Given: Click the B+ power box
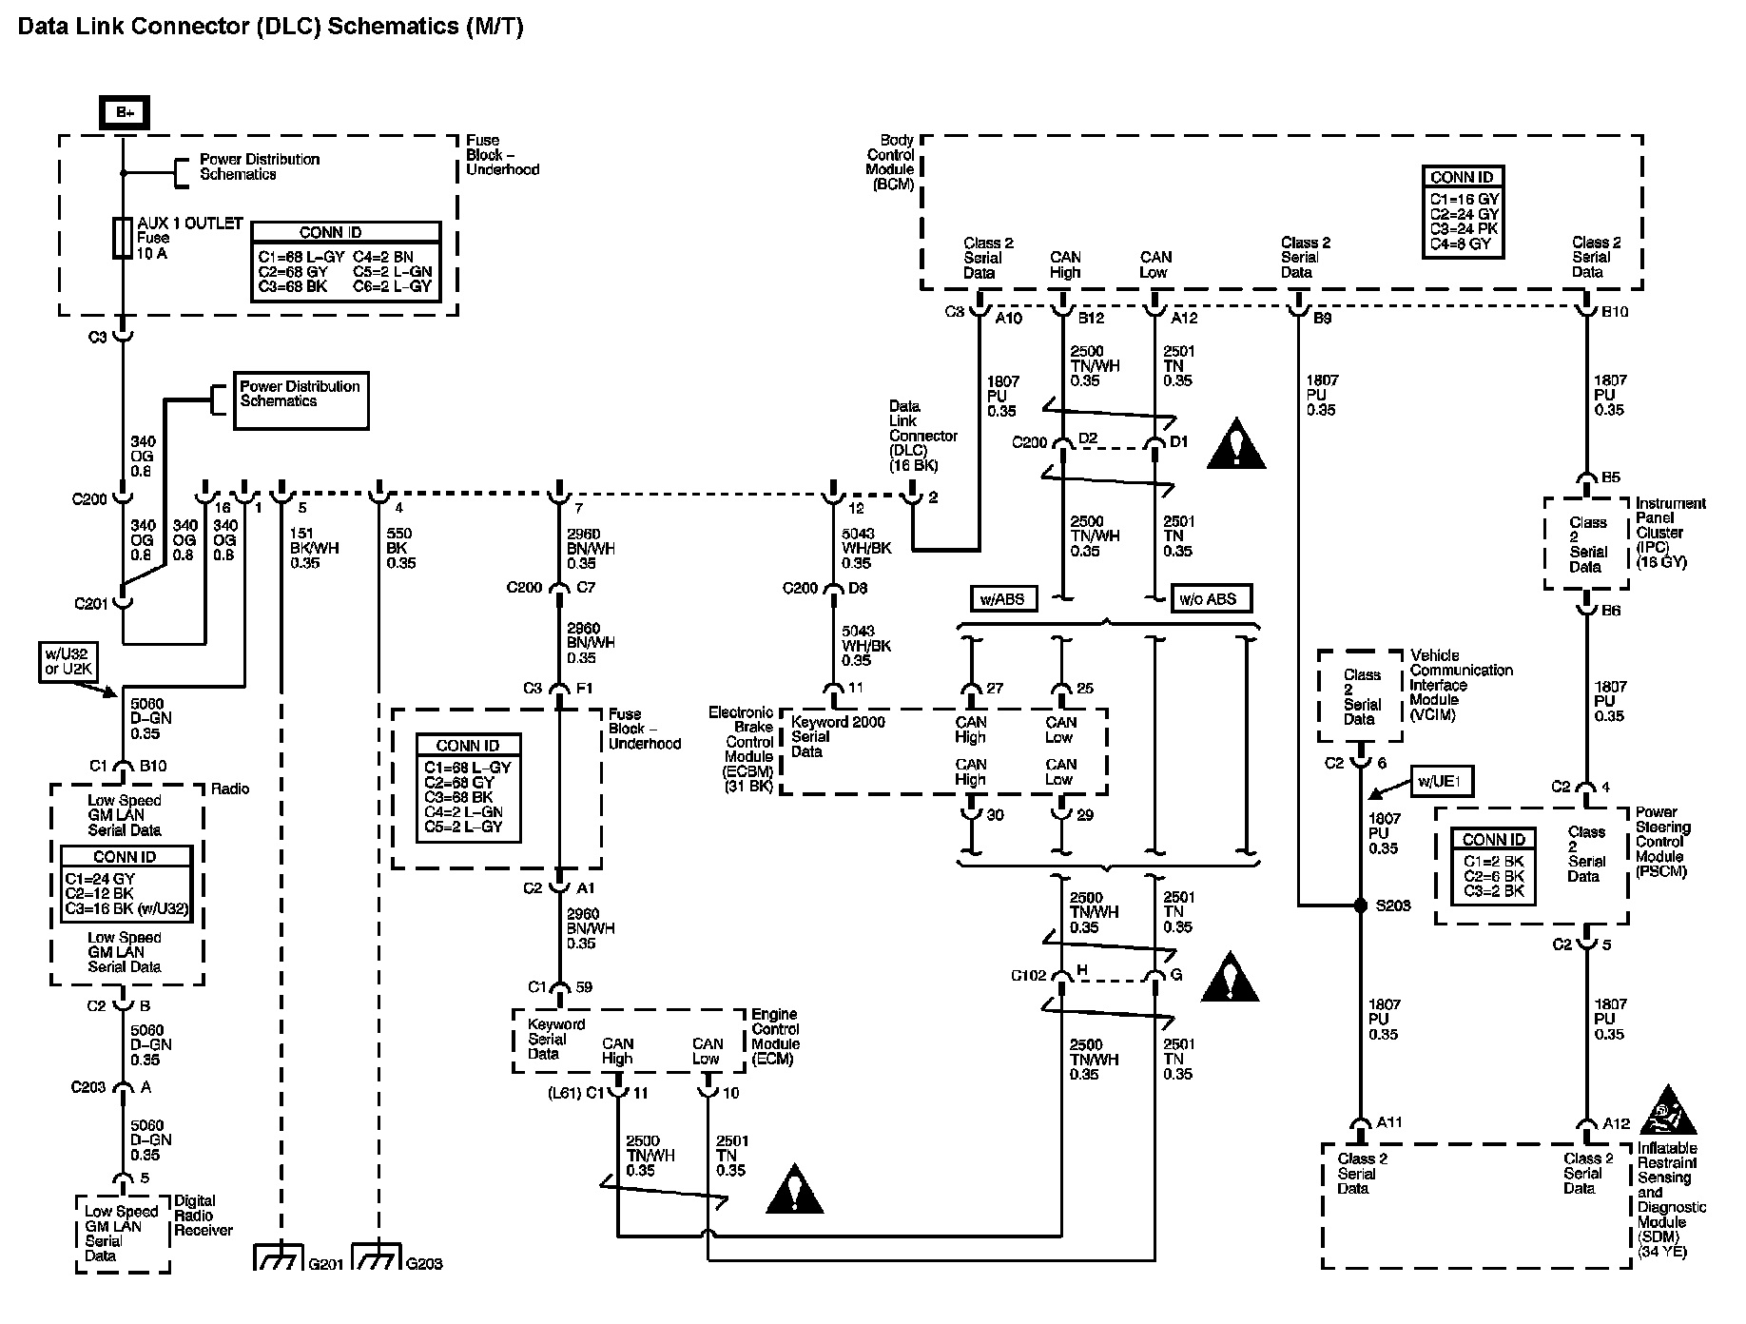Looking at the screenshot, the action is (124, 113).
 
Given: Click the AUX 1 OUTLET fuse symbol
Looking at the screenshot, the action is (122, 238).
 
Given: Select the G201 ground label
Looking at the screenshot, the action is (322, 1263).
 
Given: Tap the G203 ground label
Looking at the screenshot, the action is (424, 1263).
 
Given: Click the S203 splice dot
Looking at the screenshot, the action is (1361, 905).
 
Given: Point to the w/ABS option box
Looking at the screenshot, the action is (1003, 599).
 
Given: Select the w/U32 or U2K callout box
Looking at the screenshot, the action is (66, 662).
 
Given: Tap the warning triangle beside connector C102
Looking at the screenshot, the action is (1230, 978).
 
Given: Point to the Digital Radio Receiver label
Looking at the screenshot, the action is (203, 1216).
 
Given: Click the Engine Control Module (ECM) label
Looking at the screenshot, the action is (775, 1037).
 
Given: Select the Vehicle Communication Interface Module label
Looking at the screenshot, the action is (1461, 685).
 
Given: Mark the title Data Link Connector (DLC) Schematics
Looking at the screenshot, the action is (271, 26).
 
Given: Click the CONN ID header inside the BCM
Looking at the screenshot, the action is (1462, 177).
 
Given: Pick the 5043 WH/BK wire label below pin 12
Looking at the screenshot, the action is (865, 549).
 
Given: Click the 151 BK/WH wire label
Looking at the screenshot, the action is (314, 549).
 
